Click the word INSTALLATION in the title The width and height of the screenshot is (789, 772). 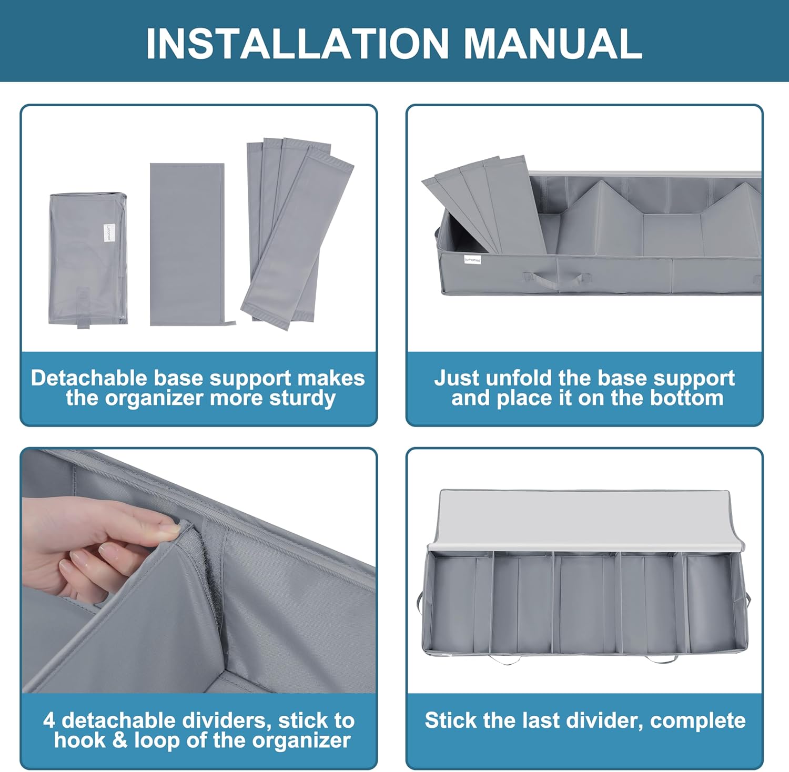(297, 43)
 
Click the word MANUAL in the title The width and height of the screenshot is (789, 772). (553, 43)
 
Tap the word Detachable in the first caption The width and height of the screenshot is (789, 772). (89, 378)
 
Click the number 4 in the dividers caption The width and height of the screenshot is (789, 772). (49, 720)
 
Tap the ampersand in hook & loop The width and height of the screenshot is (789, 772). (120, 740)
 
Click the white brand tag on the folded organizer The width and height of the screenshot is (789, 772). (108, 232)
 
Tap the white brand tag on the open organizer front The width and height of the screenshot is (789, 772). (472, 259)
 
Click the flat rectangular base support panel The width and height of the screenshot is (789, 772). (187, 244)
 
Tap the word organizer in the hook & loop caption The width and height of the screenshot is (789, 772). (300, 740)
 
